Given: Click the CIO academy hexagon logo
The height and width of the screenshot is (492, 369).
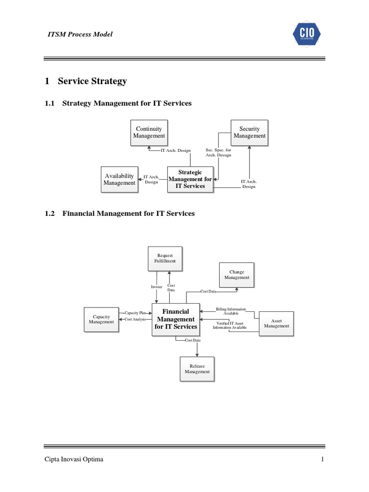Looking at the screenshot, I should pyautogui.click(x=307, y=34).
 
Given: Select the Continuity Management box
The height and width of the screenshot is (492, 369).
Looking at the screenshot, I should pyautogui.click(x=149, y=132).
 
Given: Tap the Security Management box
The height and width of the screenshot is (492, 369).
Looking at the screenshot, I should pyautogui.click(x=249, y=132).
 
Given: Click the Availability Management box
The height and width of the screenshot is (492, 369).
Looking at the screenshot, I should pyautogui.click(x=120, y=179).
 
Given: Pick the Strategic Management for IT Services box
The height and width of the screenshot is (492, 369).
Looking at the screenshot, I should pyautogui.click(x=190, y=179).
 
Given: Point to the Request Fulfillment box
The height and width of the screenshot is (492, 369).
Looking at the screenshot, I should pyautogui.click(x=165, y=258).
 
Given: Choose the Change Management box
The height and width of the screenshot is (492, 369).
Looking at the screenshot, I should pyautogui.click(x=237, y=275).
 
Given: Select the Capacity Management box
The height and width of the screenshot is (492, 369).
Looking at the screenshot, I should pyautogui.click(x=101, y=319).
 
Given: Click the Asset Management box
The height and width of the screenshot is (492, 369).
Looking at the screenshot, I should pyautogui.click(x=276, y=323).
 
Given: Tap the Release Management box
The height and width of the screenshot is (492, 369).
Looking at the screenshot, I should pyautogui.click(x=197, y=369).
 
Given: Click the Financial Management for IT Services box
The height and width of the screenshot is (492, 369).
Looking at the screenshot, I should pyautogui.click(x=175, y=319).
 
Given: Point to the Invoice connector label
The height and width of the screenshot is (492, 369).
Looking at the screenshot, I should pyautogui.click(x=157, y=287).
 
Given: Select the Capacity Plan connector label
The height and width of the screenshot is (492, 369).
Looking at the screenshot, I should pyautogui.click(x=135, y=313).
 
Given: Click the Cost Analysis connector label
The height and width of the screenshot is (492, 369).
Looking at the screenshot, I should pyautogui.click(x=135, y=319).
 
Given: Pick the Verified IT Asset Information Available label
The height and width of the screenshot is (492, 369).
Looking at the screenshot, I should pyautogui.click(x=230, y=325).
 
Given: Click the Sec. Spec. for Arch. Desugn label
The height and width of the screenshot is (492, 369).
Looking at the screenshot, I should pyautogui.click(x=218, y=153).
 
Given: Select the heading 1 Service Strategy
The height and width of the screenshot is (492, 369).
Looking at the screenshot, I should pyautogui.click(x=86, y=81).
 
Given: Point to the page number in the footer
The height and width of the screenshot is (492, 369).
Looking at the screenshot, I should pyautogui.click(x=323, y=460).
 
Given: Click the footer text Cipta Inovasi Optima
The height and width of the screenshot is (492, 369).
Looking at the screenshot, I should pyautogui.click(x=74, y=460).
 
